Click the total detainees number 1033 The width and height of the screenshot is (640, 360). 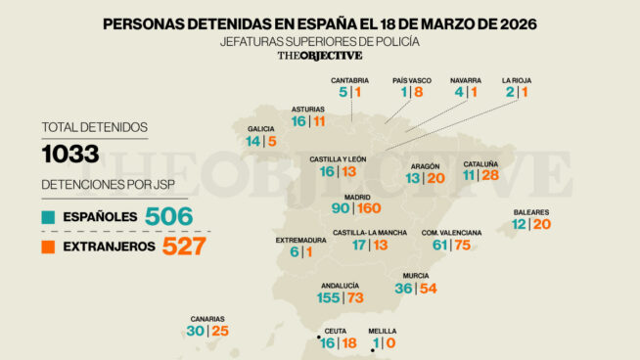(x=70, y=154)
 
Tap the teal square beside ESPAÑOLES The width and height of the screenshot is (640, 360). (x=47, y=216)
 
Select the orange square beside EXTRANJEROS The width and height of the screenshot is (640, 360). (x=47, y=247)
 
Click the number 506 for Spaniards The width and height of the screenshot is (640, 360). (x=167, y=216)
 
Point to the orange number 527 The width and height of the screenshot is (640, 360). (x=183, y=246)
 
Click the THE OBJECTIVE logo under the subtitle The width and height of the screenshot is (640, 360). (x=319, y=57)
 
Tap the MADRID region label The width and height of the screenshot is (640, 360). (x=356, y=196)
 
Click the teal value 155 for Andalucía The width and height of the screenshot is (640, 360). (x=329, y=297)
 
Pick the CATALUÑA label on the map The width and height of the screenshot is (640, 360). (x=481, y=163)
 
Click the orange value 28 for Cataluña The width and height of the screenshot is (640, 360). (x=490, y=176)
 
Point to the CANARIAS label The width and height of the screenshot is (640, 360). (x=207, y=319)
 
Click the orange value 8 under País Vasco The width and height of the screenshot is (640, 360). (x=418, y=92)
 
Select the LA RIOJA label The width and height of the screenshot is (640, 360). (x=517, y=80)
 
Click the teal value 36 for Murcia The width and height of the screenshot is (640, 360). (x=403, y=289)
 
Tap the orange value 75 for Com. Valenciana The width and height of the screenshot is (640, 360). (x=461, y=245)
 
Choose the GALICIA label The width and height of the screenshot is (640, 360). (x=260, y=128)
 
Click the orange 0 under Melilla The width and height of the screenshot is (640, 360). (x=390, y=343)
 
